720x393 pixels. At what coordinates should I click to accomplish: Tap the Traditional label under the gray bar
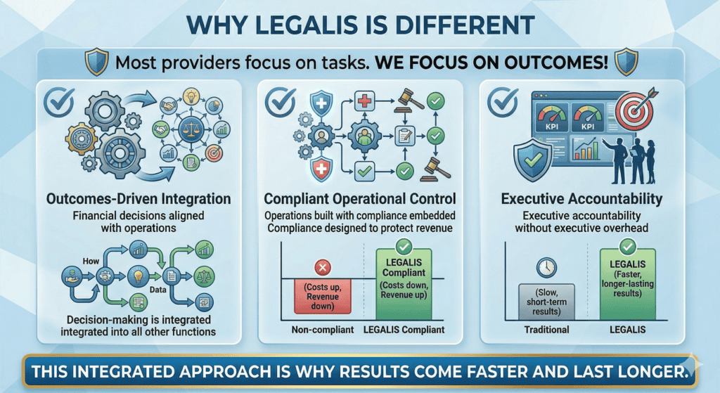coord(546,330)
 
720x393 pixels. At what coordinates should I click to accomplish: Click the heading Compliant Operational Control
coord(359,200)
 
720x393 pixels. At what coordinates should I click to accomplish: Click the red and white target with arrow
coord(636,112)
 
